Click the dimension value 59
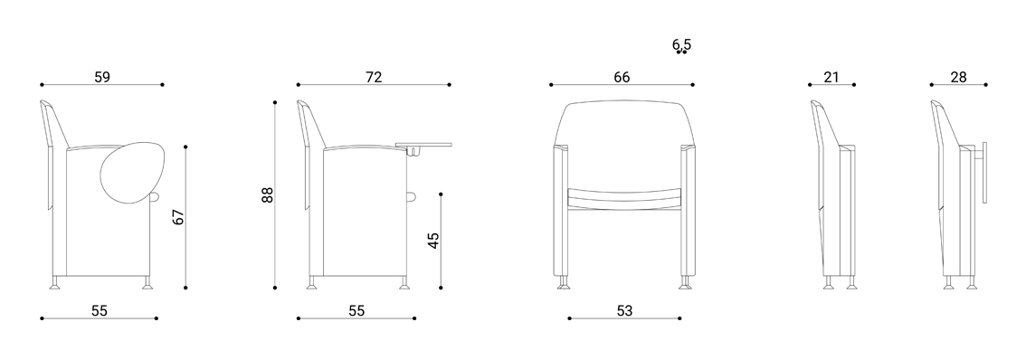click(102, 77)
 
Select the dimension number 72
click(374, 77)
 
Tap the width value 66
click(622, 77)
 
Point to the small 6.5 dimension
click(681, 44)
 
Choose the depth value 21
click(831, 77)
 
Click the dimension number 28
click(959, 77)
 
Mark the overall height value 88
click(267, 195)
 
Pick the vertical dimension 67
click(178, 217)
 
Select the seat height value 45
click(433, 241)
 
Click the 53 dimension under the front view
click(625, 311)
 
